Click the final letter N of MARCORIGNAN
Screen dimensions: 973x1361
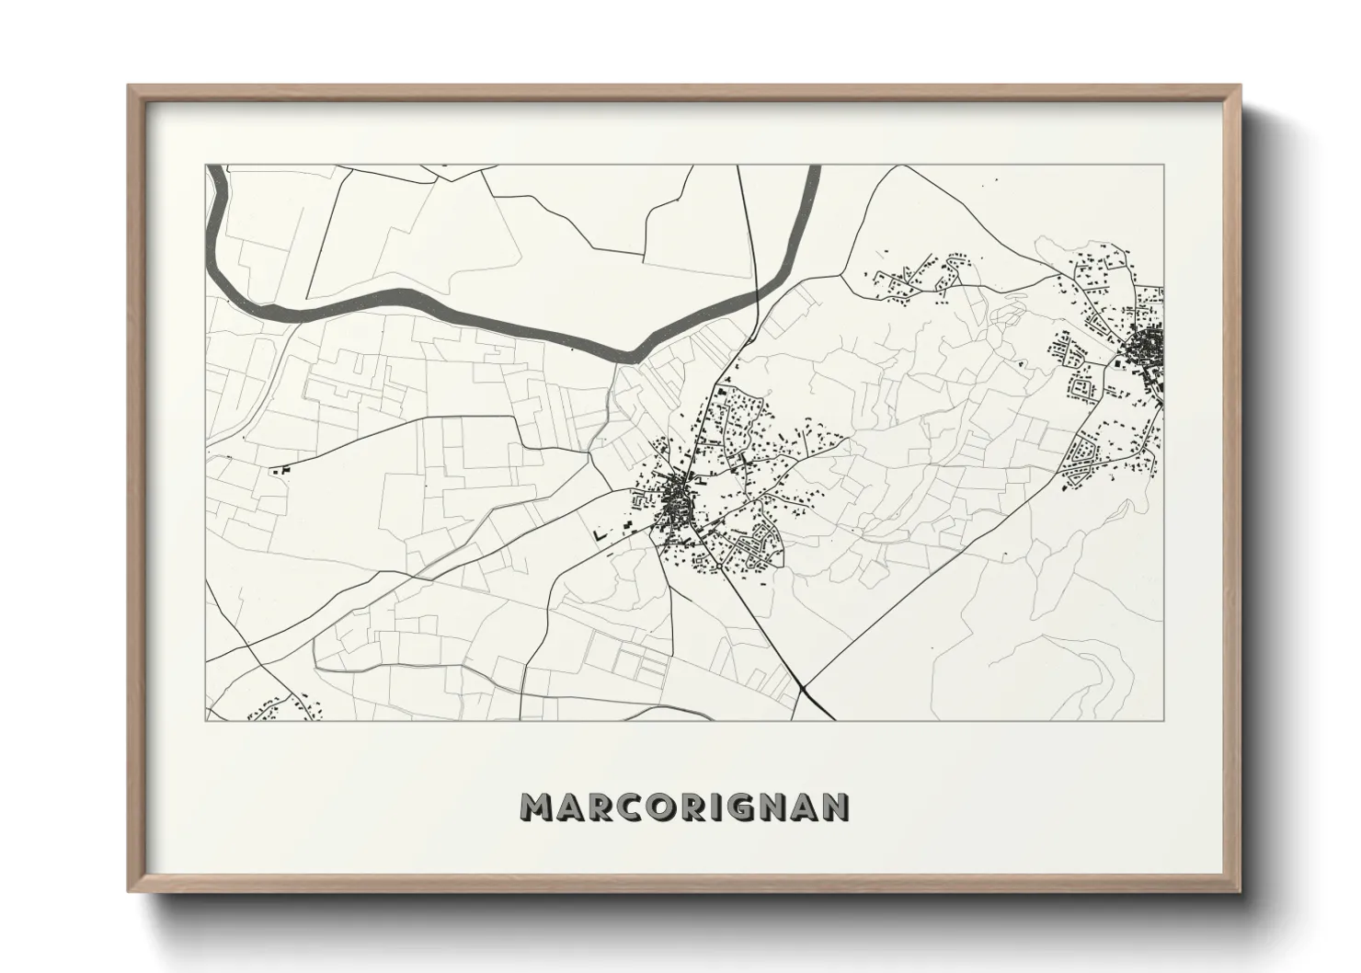coord(836,807)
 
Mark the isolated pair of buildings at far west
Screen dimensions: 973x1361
coord(280,470)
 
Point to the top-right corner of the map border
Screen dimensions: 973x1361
coord(1163,166)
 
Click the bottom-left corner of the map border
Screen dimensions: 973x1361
coord(206,720)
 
